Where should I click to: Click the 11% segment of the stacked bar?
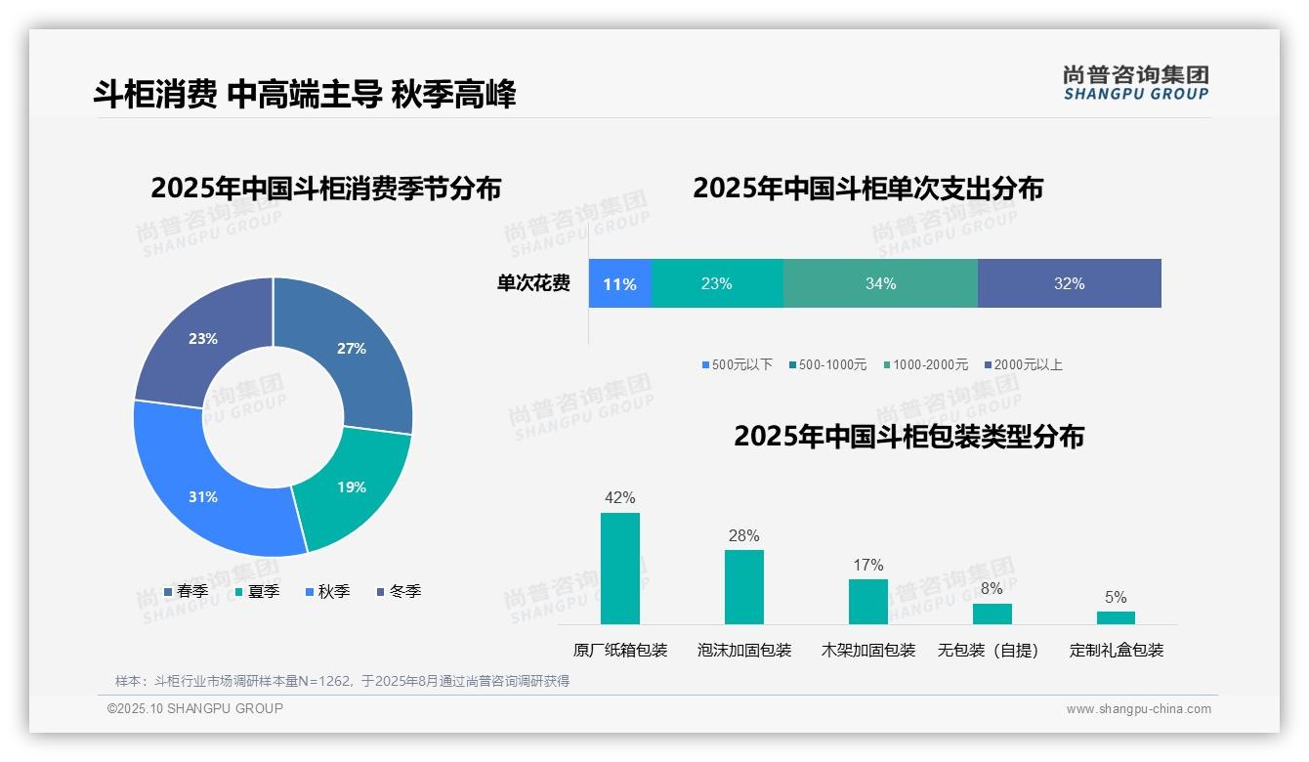(619, 284)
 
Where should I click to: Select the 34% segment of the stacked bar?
(880, 284)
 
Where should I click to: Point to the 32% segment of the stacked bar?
(1069, 284)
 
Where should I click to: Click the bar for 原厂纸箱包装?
(619, 569)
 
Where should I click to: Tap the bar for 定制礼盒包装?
(1116, 617)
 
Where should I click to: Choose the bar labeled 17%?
(867, 601)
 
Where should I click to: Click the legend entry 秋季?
(327, 591)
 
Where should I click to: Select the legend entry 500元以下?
(737, 364)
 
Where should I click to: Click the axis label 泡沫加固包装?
(744, 650)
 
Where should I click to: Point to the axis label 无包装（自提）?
(989, 650)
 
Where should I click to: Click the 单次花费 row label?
(533, 284)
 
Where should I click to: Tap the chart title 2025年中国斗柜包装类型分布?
(908, 436)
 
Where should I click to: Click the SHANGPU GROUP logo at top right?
(1135, 83)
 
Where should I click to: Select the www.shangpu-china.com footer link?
(1138, 709)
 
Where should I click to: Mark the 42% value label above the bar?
(619, 498)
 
